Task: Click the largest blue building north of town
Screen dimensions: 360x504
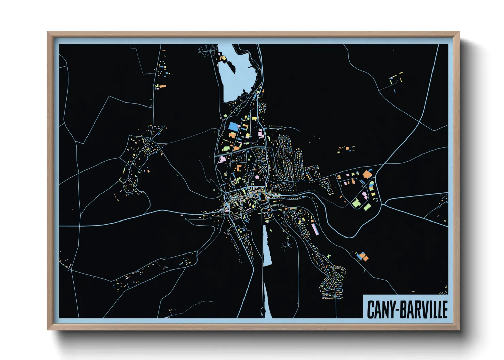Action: coord(234,126)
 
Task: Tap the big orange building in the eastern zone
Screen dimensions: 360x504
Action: coord(367,174)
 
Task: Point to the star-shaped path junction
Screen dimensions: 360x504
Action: coord(288,245)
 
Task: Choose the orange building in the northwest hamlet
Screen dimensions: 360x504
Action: coord(162,86)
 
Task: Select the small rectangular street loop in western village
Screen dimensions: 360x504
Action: coord(147,149)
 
